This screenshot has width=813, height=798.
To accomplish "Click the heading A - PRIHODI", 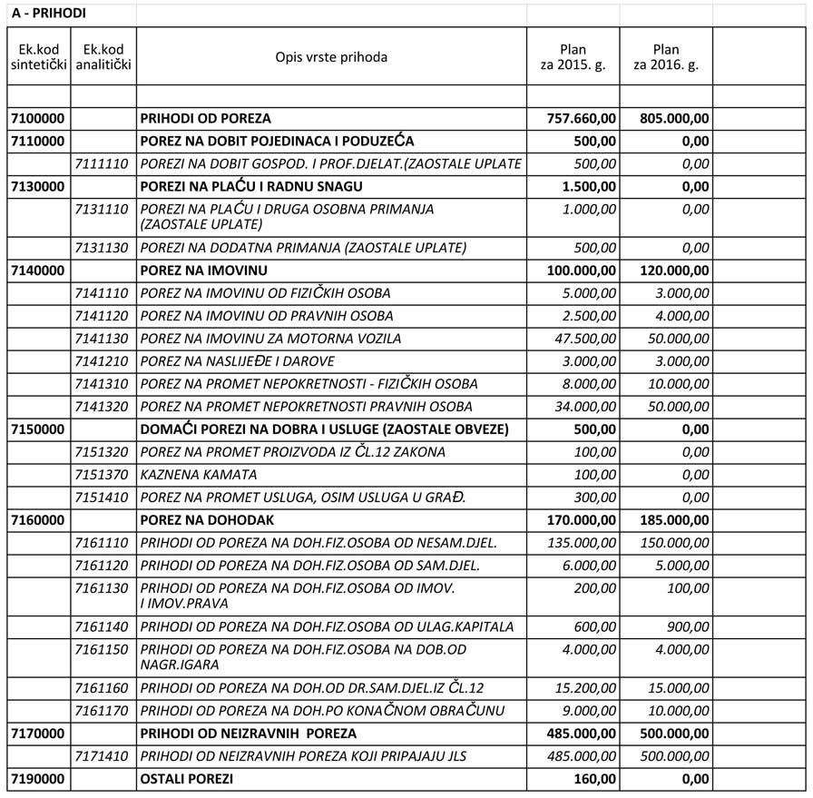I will pyautogui.click(x=49, y=15).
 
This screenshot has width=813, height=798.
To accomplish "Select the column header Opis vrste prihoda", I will pyautogui.click(x=331, y=57).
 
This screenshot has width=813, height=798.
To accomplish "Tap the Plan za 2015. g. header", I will pyautogui.click(x=573, y=57).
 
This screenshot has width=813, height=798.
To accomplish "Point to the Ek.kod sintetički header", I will pyautogui.click(x=38, y=57).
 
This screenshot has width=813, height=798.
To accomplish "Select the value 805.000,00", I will pyautogui.click(x=675, y=118).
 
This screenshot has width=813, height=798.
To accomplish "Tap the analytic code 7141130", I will pyautogui.click(x=102, y=339).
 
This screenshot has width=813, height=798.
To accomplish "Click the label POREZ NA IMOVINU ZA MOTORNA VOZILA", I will pyautogui.click(x=270, y=339).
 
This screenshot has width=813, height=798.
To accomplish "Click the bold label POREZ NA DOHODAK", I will pyautogui.click(x=207, y=520).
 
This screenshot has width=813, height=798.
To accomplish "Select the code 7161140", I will pyautogui.click(x=102, y=627).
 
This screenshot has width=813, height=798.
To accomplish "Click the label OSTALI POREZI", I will pyautogui.click(x=186, y=779).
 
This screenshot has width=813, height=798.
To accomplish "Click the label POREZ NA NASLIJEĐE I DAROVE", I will pyautogui.click(x=250, y=361).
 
